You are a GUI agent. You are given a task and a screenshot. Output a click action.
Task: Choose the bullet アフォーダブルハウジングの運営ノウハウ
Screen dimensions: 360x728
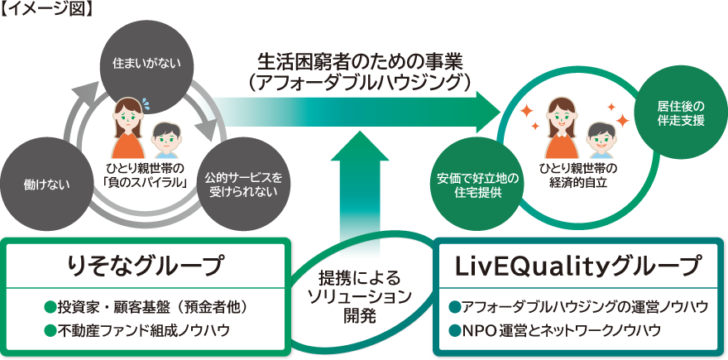point(577,307)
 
